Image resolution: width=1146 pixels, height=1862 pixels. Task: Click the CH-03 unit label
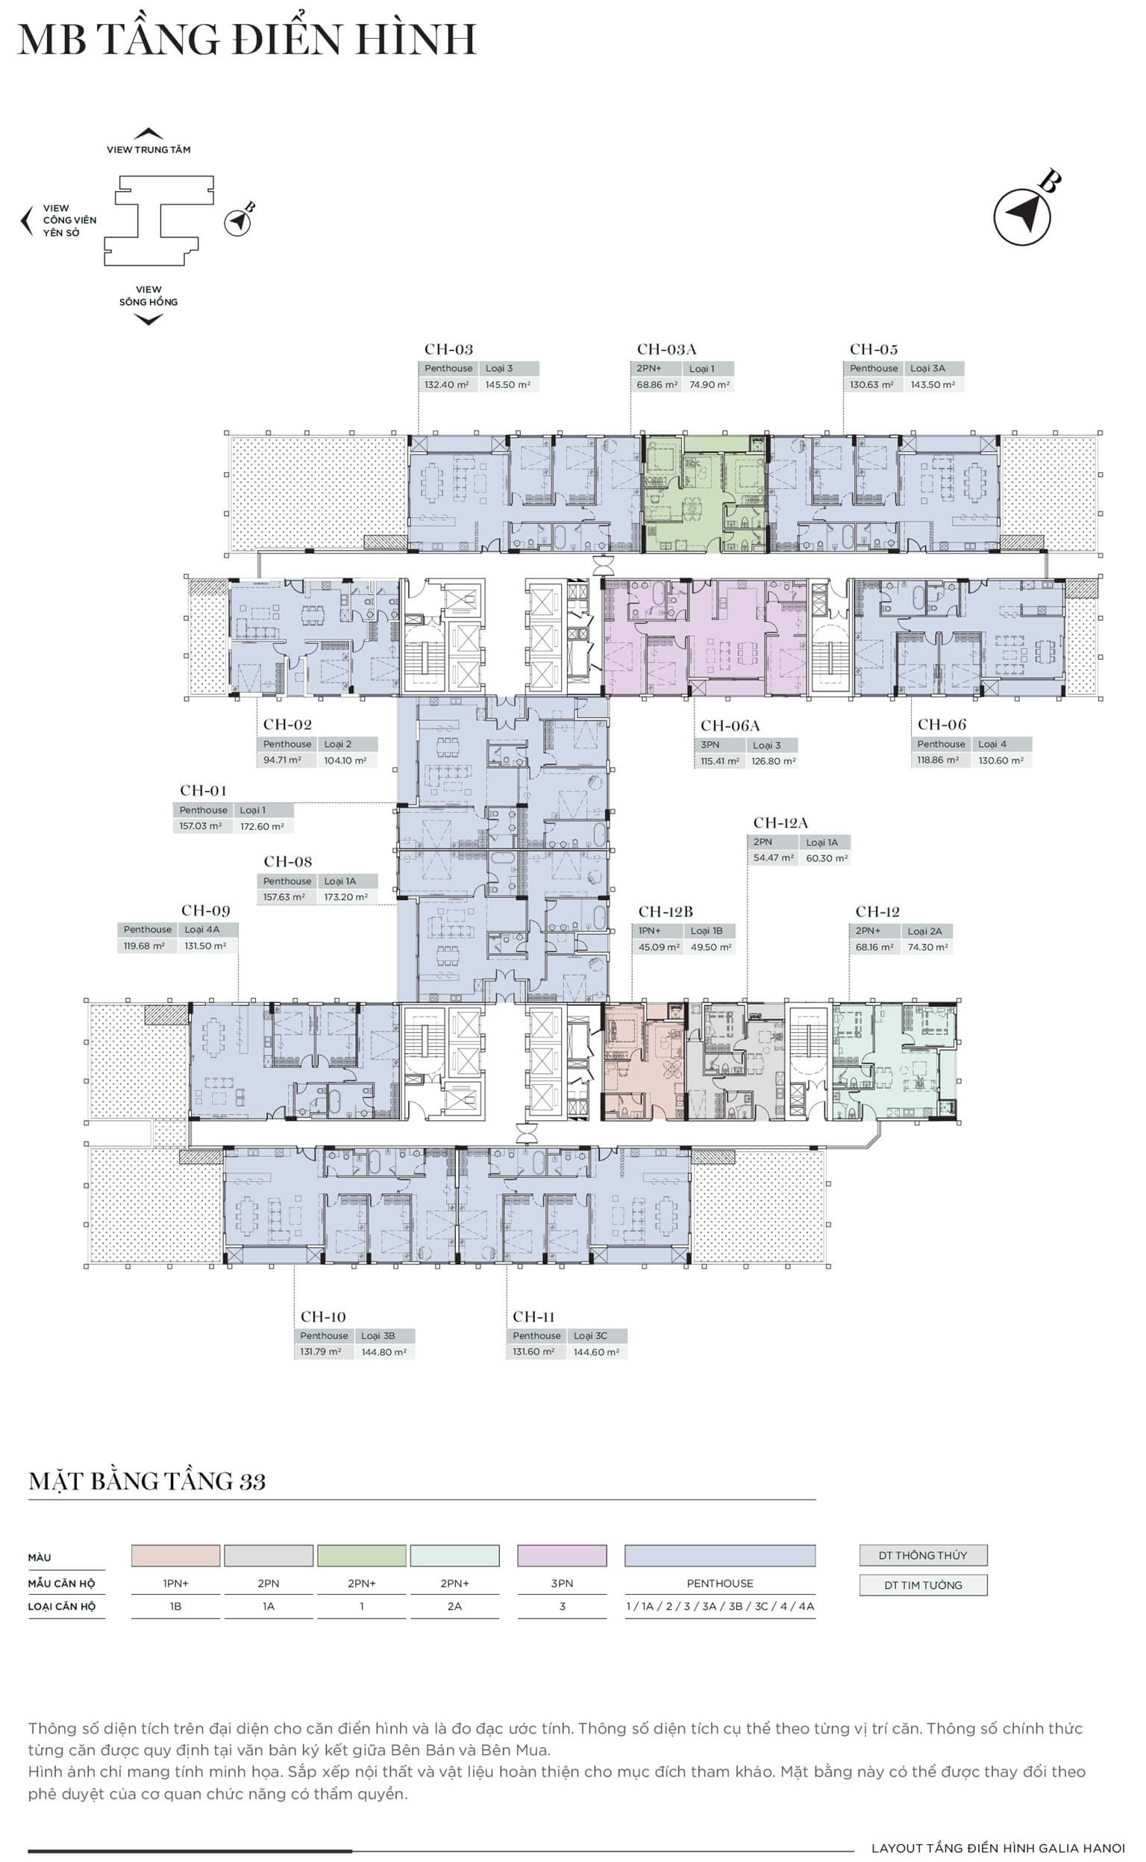pos(448,349)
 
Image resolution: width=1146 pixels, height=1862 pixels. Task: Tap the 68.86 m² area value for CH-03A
pos(657,384)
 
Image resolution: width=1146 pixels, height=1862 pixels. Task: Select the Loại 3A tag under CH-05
pos(927,369)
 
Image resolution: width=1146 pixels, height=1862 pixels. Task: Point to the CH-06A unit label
pos(730,725)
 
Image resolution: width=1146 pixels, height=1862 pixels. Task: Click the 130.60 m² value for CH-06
pos(1001,760)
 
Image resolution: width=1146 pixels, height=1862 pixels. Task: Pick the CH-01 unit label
pos(203,791)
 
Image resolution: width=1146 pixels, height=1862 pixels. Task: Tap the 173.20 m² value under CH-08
pos(345,897)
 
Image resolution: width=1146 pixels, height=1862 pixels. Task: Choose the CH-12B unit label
pos(666,911)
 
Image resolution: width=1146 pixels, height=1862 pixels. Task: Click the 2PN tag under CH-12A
pos(763,842)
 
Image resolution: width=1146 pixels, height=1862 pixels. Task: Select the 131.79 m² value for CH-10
pos(321,1351)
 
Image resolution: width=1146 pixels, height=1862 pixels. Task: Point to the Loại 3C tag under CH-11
pos(590,1335)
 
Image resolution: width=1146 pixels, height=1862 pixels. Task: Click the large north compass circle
pos(1021,217)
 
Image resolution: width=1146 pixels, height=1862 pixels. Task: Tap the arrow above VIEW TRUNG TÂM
pos(148,134)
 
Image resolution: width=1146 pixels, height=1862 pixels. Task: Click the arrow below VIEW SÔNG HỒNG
pos(148,320)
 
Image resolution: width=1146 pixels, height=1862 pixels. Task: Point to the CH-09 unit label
pos(205,910)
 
